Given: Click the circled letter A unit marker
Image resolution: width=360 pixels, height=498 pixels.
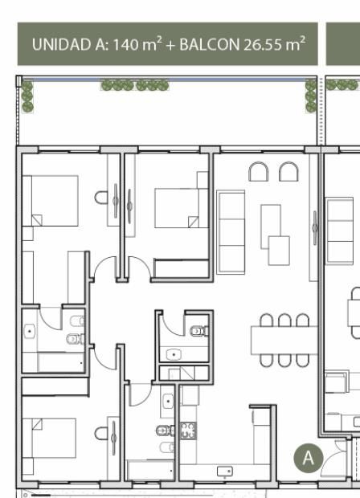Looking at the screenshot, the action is click(309, 458).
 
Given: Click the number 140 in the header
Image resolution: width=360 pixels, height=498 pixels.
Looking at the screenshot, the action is click(126, 44).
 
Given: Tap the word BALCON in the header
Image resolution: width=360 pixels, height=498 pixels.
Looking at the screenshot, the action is click(210, 44).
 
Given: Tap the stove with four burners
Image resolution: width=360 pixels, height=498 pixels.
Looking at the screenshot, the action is click(188, 431).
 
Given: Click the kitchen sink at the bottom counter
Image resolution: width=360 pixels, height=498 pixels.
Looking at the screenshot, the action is click(225, 471).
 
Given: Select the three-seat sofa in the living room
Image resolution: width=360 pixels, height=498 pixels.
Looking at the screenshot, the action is click(231, 232).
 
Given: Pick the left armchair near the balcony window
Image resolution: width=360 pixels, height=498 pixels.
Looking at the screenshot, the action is click(258, 172).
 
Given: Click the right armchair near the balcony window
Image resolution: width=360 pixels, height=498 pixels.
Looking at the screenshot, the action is click(288, 172).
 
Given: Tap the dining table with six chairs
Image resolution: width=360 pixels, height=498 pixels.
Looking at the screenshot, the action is click(284, 340).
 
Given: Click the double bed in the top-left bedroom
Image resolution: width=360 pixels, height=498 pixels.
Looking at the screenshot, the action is click(50, 201).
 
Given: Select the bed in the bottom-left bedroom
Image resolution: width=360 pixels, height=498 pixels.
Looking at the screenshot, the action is click(49, 438).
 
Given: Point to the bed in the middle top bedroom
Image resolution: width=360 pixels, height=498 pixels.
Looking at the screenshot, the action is click(181, 208).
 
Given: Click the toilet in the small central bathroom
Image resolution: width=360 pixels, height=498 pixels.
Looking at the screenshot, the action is click(199, 331).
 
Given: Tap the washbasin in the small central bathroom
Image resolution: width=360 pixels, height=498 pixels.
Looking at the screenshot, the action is click(174, 354).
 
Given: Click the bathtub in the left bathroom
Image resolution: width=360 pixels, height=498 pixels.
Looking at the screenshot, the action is click(61, 362).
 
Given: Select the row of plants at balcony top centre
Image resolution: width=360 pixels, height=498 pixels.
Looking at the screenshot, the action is click(135, 85).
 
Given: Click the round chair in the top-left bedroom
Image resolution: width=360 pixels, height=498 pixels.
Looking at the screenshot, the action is click(101, 198).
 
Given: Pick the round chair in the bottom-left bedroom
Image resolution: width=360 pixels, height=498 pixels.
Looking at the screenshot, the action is click(101, 433).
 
